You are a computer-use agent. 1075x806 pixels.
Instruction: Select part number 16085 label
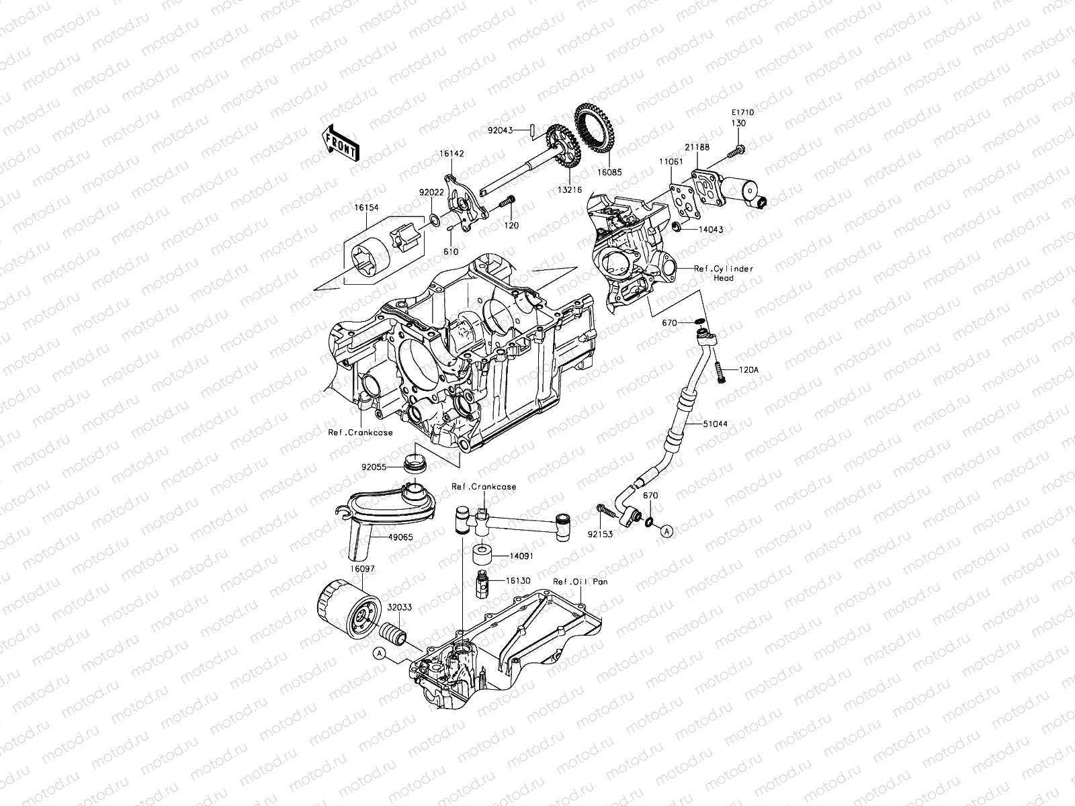pyautogui.click(x=609, y=171)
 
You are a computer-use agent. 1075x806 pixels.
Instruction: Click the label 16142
pyautogui.click(x=452, y=154)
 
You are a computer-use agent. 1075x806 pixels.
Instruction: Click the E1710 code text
pyautogui.click(x=743, y=113)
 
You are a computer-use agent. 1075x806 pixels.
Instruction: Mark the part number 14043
pyautogui.click(x=710, y=230)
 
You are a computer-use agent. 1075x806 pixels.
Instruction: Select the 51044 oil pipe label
pyautogui.click(x=716, y=424)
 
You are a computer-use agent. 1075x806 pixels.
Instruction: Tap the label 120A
pyautogui.click(x=748, y=370)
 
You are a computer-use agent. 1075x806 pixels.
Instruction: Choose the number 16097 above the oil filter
pyautogui.click(x=361, y=568)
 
